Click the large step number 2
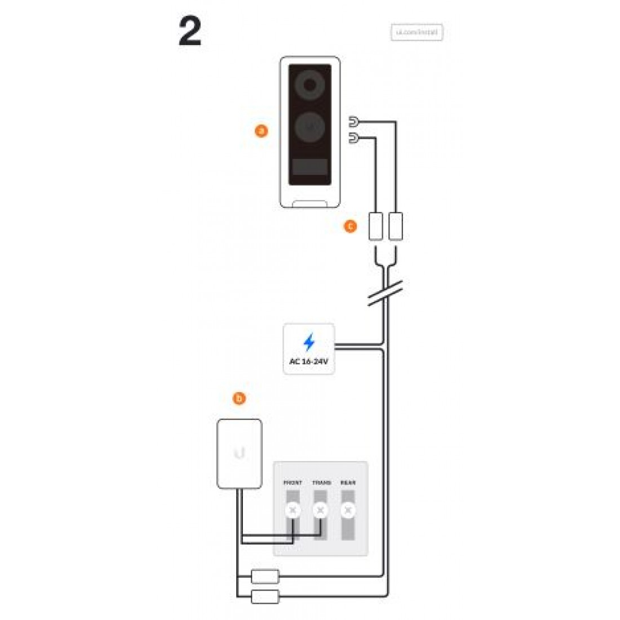(x=190, y=32)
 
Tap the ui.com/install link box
(x=417, y=33)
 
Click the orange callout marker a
(x=261, y=131)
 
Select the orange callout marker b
(x=239, y=398)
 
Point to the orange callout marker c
(x=350, y=227)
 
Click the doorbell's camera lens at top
(x=309, y=85)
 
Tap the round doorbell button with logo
(x=309, y=128)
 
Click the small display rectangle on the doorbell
(x=309, y=166)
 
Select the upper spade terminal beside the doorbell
(x=353, y=121)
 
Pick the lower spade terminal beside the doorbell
(x=353, y=138)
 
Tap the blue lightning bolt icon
(x=309, y=342)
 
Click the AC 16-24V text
(x=308, y=361)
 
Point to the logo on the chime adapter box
(x=240, y=453)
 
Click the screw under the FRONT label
(x=292, y=511)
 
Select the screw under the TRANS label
(x=320, y=511)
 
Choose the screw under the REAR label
(x=348, y=511)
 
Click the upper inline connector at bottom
(x=265, y=576)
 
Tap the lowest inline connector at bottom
(x=265, y=596)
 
